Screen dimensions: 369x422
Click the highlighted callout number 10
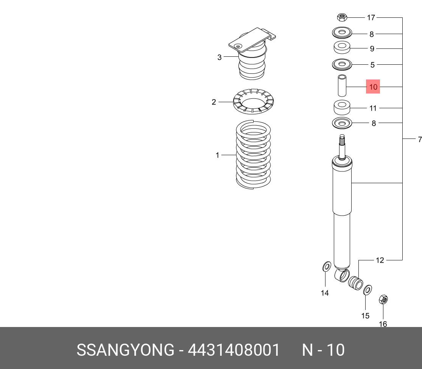coord(373,87)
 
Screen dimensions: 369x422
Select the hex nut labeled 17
coord(342,17)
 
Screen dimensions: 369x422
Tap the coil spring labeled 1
coord(253,155)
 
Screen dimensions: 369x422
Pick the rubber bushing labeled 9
coord(342,48)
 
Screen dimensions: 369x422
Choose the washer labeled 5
coord(342,65)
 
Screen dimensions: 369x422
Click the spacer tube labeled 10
coord(342,87)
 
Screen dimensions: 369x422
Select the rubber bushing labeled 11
coord(342,107)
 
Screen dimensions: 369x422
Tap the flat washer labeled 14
coord(326,266)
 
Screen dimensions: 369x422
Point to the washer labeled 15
coord(367,290)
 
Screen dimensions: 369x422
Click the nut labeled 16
coord(383,300)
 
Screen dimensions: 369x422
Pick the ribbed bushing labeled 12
coord(355,283)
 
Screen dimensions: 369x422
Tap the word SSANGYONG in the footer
coord(125,350)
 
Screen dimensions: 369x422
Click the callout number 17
coord(371,17)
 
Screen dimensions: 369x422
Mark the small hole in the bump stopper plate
coord(238,46)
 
